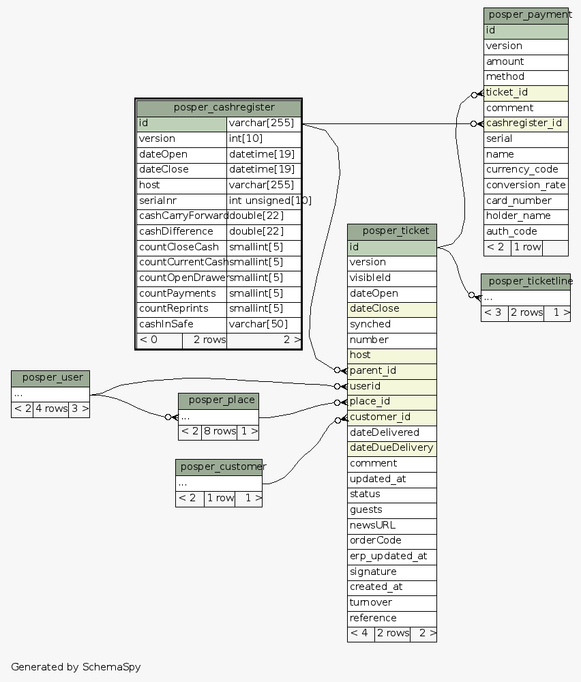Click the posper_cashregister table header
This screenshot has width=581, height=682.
[x=218, y=108]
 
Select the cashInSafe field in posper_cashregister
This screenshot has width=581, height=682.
[x=181, y=325]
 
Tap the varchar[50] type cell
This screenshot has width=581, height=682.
[x=263, y=325]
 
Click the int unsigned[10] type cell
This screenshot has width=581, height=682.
[x=263, y=201]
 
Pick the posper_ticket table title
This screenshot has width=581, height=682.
[x=392, y=231]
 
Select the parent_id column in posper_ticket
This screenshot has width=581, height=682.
[x=392, y=371]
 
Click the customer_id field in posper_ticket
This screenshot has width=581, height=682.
[x=392, y=417]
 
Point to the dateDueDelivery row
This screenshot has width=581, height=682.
[x=392, y=448]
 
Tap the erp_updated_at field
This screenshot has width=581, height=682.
[x=392, y=557]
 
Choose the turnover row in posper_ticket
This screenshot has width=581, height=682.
[x=392, y=603]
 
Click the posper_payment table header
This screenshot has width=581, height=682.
[x=526, y=15]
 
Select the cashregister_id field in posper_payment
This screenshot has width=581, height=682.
[x=526, y=123]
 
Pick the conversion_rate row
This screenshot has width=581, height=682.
[x=526, y=186]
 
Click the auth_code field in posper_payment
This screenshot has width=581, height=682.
[x=526, y=232]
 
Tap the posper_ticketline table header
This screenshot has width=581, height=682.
[x=526, y=282]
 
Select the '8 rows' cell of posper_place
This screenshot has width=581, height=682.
[x=219, y=432]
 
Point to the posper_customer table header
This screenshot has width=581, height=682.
[x=219, y=467]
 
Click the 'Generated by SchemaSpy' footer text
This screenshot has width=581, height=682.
[x=76, y=667]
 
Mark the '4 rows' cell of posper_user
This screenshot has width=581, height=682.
[x=50, y=410]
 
